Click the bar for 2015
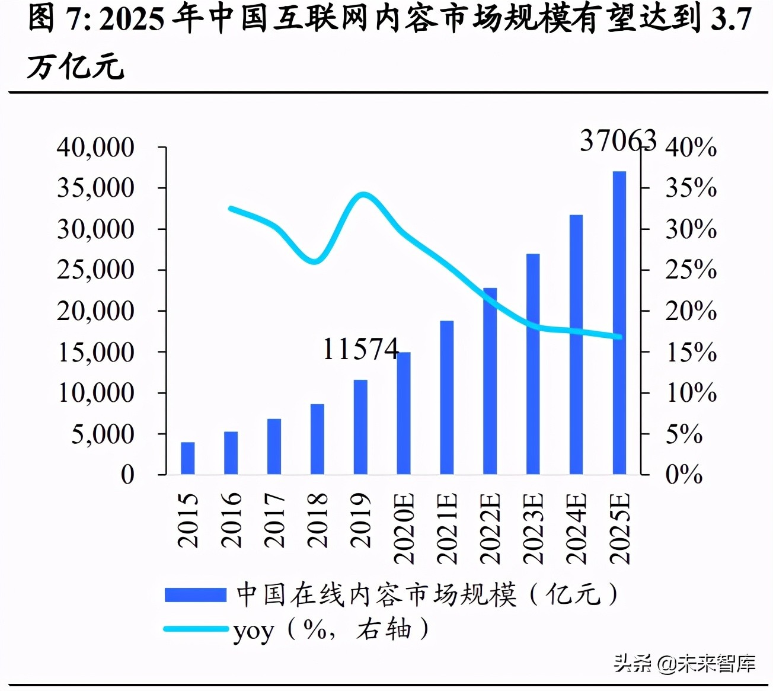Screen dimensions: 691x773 187,458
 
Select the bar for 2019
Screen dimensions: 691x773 360,427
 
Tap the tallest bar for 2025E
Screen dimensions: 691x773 619,323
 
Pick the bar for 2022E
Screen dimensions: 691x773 490,381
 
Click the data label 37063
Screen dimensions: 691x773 618,141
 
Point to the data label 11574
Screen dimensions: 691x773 360,349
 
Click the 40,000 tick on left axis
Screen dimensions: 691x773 95,147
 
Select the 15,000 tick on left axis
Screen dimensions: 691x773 95,352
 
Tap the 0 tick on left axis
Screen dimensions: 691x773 127,475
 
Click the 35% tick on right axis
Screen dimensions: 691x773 691,188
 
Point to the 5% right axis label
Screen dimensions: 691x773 683,434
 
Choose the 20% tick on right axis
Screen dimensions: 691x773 691,311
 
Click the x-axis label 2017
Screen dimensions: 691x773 274,520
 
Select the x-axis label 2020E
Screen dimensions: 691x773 404,528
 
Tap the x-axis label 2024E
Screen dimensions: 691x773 577,528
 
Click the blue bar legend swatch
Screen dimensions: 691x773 195,594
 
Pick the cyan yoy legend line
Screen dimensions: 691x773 195,629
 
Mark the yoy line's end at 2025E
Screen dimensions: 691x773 619,337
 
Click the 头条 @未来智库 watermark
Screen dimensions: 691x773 684,663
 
